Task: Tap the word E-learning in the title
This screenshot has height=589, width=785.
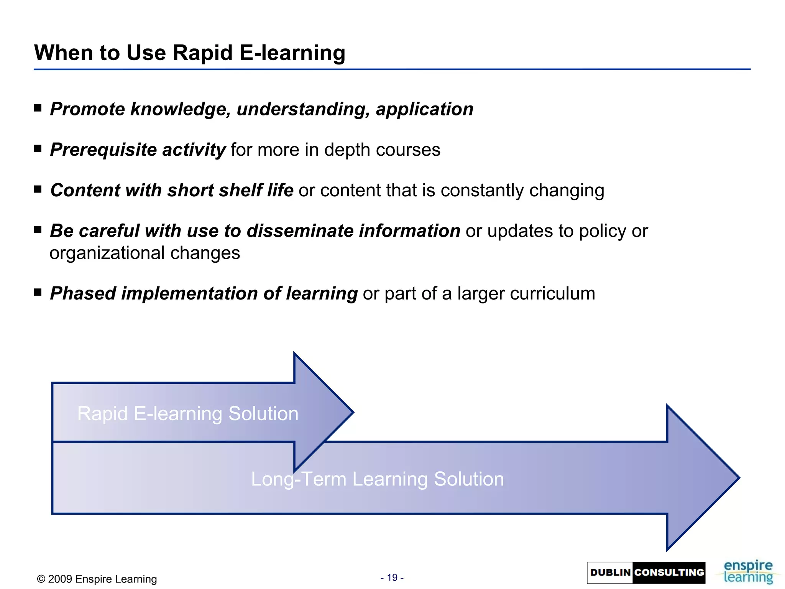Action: click(292, 53)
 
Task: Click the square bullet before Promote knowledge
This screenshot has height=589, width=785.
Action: click(38, 108)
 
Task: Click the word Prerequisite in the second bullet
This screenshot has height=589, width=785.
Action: click(103, 150)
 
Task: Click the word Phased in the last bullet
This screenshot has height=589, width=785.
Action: click(83, 294)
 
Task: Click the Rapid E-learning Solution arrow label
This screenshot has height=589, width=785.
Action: click(188, 414)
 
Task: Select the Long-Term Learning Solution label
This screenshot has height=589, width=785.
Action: click(377, 479)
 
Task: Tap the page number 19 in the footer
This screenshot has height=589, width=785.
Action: click(392, 577)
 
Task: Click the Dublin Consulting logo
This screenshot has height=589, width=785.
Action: click(646, 573)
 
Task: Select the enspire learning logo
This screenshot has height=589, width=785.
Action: click(747, 572)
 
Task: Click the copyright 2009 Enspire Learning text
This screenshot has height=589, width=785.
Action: click(97, 579)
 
